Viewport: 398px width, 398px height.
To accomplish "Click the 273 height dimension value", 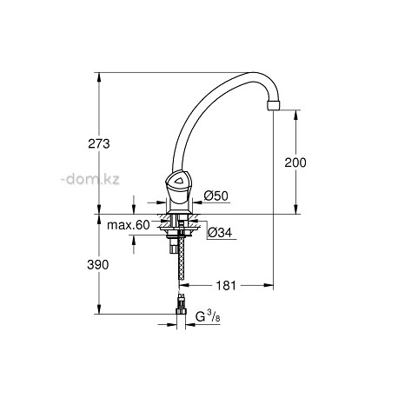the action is [99, 143].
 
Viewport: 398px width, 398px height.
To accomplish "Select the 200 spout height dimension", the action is [295, 163].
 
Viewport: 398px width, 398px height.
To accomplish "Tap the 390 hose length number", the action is [98, 264].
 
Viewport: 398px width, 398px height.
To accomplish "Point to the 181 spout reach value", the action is [226, 286].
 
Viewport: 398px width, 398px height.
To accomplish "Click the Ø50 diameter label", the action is [216, 196].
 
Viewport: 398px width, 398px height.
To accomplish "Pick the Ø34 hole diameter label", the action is [221, 232].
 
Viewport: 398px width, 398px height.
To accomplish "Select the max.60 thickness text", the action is [129, 225].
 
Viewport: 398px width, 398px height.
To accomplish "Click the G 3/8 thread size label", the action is [208, 316].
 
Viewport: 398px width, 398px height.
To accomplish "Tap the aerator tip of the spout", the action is [274, 105].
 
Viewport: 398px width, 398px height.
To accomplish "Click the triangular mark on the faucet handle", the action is [177, 182].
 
